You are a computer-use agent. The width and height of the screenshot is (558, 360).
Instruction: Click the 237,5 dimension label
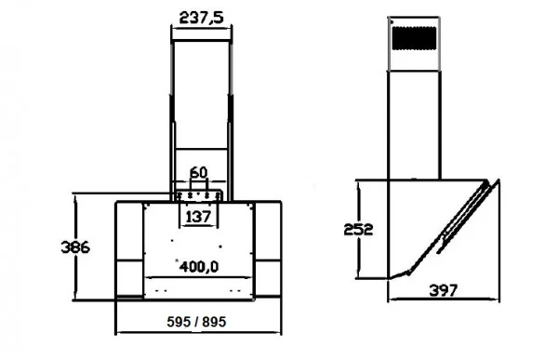point(197,20)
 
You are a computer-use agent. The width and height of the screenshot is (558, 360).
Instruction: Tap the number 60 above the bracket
point(198,173)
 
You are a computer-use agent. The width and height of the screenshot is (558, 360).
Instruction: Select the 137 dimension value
point(197,217)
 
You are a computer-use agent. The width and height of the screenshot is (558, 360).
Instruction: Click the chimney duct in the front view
point(197,102)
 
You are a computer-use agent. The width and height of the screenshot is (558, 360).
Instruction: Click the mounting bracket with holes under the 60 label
point(197,196)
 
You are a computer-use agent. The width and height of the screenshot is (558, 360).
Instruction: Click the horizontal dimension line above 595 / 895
point(197,332)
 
